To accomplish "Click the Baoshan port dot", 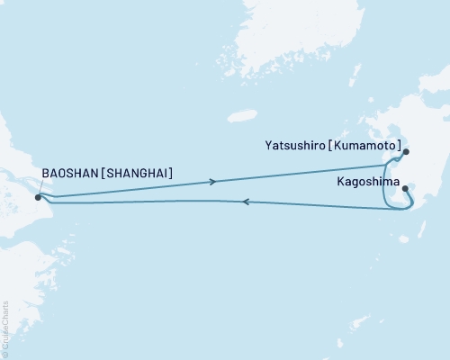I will tap(38, 196).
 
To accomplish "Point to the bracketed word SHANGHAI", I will tap(139, 172).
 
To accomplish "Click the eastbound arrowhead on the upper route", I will tap(212, 182).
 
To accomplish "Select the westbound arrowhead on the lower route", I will tap(247, 202).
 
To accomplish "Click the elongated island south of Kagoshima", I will tap(404, 238).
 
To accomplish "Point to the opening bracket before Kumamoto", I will tap(333, 141).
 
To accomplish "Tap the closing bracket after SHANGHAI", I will tap(173, 172).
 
